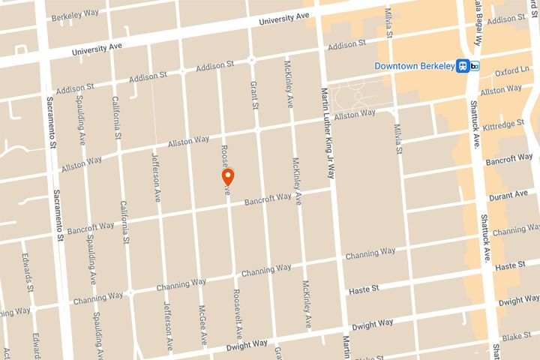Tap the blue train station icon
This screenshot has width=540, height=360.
coord(464,66)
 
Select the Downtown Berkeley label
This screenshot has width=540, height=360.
coord(415,66)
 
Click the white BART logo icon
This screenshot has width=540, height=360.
coord(476,66)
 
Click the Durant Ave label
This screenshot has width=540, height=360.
coord(511,194)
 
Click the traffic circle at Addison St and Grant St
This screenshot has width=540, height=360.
coord(251,59)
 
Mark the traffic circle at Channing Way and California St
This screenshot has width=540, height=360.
coord(130,292)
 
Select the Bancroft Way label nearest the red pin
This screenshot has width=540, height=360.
coord(268,199)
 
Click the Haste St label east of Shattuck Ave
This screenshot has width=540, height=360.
coord(511,265)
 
